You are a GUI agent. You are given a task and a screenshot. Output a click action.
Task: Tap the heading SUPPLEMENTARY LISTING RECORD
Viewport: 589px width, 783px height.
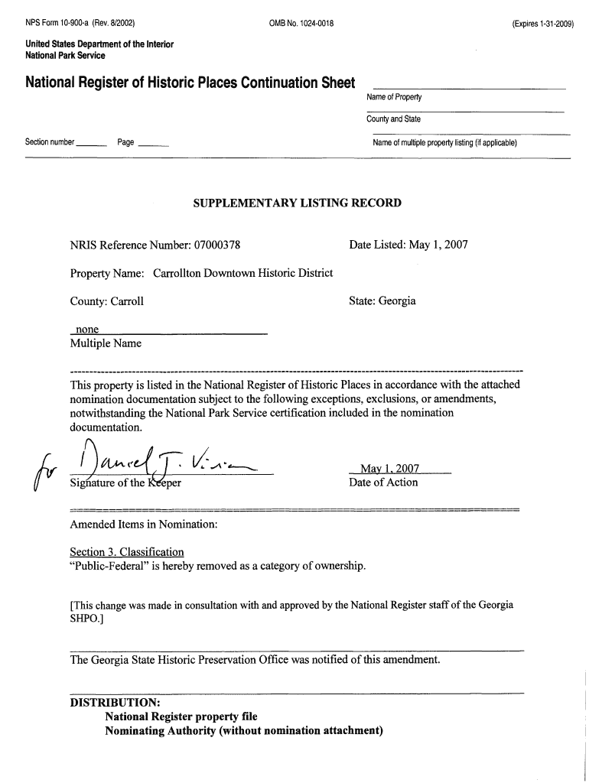pyautogui.click(x=297, y=203)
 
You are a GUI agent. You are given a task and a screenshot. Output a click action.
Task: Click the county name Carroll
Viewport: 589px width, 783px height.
pyautogui.click(x=127, y=301)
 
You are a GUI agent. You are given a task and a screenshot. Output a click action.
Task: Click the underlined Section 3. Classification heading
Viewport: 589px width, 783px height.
pyautogui.click(x=127, y=552)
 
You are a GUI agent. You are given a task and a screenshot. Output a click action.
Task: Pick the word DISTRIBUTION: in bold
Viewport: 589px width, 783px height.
pyautogui.click(x=115, y=702)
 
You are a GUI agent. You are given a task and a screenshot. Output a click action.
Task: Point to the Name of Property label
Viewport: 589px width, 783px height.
pyautogui.click(x=395, y=97)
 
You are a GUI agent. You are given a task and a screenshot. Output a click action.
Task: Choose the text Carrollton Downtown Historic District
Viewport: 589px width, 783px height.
pyautogui.click(x=243, y=273)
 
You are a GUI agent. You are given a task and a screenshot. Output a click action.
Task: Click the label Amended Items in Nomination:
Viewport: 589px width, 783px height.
pyautogui.click(x=144, y=525)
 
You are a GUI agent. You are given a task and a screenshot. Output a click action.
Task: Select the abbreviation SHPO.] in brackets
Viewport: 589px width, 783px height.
pyautogui.click(x=86, y=619)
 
